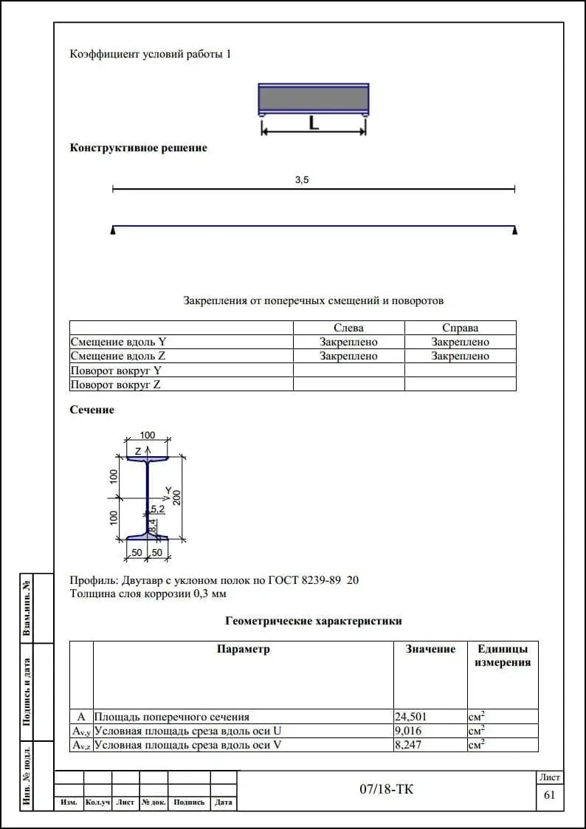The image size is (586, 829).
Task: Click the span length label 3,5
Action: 301,179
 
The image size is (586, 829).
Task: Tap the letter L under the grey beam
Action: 314,123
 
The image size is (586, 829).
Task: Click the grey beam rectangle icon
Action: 314,98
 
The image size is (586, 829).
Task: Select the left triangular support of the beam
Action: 113,230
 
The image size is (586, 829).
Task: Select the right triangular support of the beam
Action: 514,230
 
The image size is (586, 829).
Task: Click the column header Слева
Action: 348,328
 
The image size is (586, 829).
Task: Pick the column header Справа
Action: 460,328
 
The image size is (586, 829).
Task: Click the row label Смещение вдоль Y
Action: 118,342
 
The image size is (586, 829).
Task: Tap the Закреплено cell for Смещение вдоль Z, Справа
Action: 460,356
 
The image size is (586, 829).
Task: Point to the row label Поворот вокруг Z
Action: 115,385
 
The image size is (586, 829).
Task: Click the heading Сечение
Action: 92,410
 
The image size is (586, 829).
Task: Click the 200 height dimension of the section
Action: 177,497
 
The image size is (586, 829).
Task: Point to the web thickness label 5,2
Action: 157,509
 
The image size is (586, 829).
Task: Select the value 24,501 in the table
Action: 412,716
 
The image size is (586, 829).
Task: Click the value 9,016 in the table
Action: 409,731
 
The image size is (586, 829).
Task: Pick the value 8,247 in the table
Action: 409,745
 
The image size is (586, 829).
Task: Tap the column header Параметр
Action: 244,649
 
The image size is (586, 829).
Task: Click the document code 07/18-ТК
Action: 387,790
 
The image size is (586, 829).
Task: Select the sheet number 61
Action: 549,795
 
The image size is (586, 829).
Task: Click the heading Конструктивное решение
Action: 139,148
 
